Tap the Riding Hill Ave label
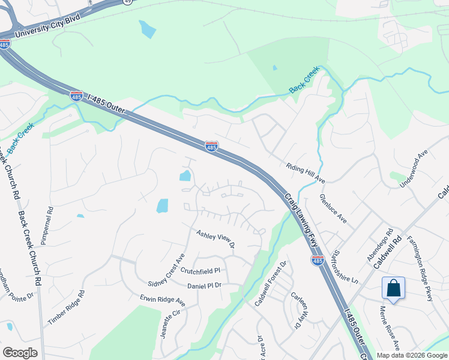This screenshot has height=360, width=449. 306,173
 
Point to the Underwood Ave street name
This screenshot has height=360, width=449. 415,168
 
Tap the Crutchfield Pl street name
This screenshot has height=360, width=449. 201,271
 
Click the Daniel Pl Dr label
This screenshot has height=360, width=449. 205,286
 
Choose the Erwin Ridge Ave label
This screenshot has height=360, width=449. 161,298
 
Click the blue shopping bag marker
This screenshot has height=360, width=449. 393,288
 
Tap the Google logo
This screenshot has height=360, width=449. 20,353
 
